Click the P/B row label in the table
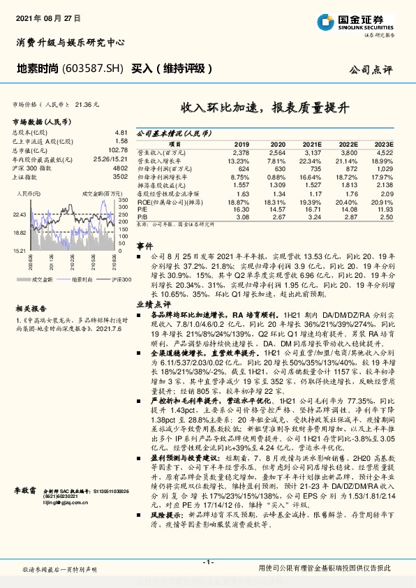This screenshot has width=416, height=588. point(142,217)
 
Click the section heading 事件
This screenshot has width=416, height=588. point(144,247)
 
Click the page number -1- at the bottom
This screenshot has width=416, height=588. point(207,562)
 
